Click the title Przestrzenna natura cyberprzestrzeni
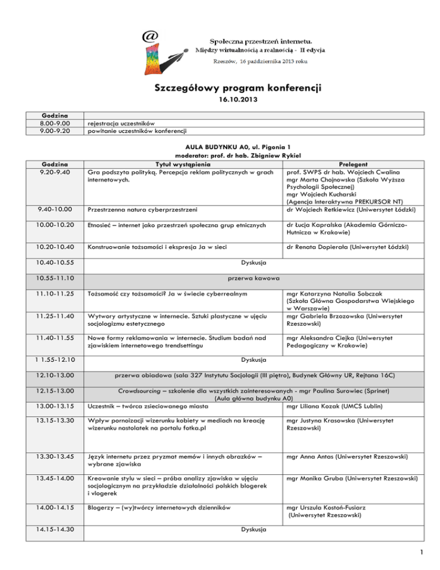143,210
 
